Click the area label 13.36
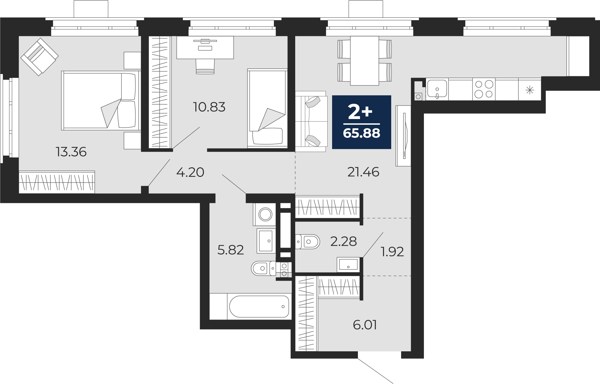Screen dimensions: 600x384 (x=71, y=152)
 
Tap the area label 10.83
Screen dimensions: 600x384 (x=209, y=107)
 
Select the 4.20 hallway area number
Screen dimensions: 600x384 (x=190, y=172)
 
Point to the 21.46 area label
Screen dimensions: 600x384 (x=363, y=172)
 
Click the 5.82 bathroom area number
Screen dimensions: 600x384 (x=230, y=250)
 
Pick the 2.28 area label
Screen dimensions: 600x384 (x=343, y=241)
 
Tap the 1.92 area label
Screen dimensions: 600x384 (x=392, y=252)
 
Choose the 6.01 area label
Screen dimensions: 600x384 (x=365, y=325)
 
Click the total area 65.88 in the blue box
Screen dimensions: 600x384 (x=361, y=133)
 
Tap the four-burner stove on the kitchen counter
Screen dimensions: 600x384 (x=484, y=89)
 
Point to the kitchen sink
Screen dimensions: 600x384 (x=437, y=89)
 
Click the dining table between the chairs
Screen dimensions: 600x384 (x=364, y=60)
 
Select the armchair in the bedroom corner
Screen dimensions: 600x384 (x=39, y=57)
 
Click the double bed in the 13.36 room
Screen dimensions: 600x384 (x=101, y=100)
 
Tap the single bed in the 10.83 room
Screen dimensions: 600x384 (x=267, y=108)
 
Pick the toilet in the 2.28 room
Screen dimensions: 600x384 (x=307, y=242)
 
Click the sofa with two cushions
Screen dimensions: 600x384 (x=311, y=121)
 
